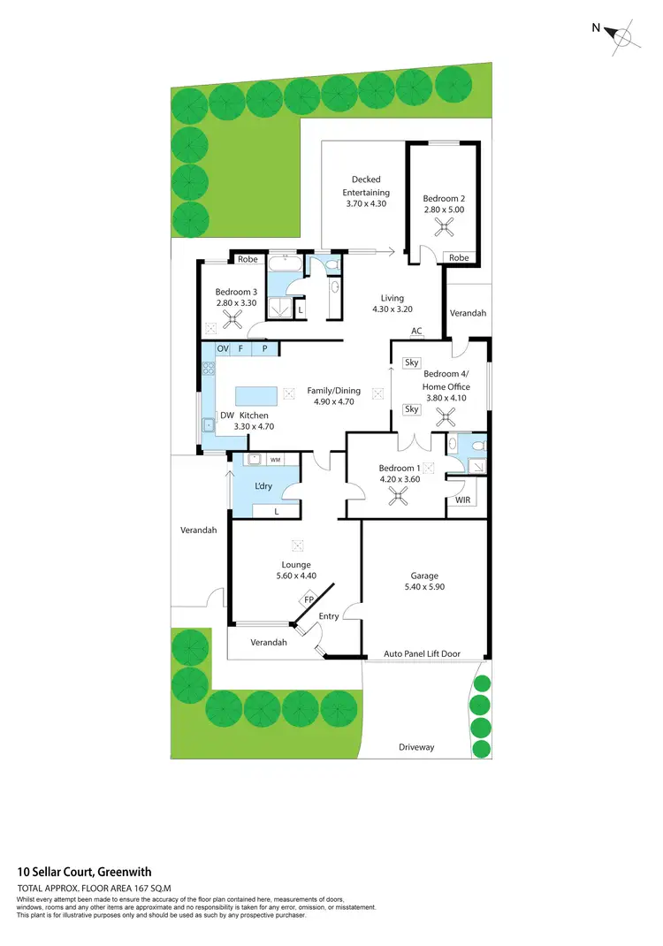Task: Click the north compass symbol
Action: pos(621,36)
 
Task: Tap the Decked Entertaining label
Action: pos(366,186)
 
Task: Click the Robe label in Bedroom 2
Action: pos(459,258)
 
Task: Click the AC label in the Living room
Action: pos(416,332)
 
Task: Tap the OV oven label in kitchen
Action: pos(222,349)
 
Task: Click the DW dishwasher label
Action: pos(202,415)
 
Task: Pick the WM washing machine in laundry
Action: pos(275,460)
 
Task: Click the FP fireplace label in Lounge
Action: pos(309,600)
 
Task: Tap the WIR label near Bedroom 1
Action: pos(462,500)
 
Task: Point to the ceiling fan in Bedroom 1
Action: pos(400,497)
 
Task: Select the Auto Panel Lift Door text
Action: pos(421,654)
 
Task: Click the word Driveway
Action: pos(415,747)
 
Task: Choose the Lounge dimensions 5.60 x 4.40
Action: pos(295,576)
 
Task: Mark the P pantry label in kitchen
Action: pos(263,349)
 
